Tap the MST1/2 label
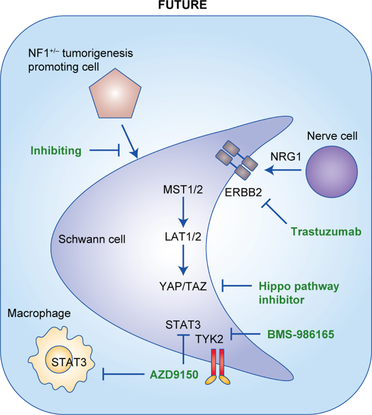pyautogui.click(x=184, y=191)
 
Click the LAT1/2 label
pyautogui.click(x=184, y=238)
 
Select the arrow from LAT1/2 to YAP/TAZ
pyautogui.click(x=184, y=261)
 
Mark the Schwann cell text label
pyautogui.click(x=92, y=239)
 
